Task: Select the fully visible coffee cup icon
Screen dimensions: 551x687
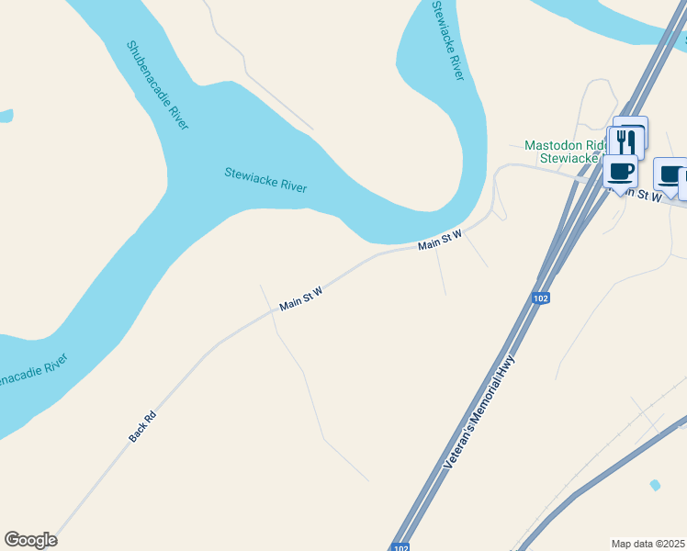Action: [x=620, y=170]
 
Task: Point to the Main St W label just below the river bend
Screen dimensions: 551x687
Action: [x=439, y=241]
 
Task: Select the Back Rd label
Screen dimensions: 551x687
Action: [x=142, y=427]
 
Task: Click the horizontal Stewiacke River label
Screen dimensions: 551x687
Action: [x=265, y=179]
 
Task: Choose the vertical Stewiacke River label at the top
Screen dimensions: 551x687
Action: [x=448, y=40]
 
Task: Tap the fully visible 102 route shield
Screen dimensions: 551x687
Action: [x=540, y=299]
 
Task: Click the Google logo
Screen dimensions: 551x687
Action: [x=30, y=540]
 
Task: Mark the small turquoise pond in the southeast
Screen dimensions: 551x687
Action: [x=654, y=485]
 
